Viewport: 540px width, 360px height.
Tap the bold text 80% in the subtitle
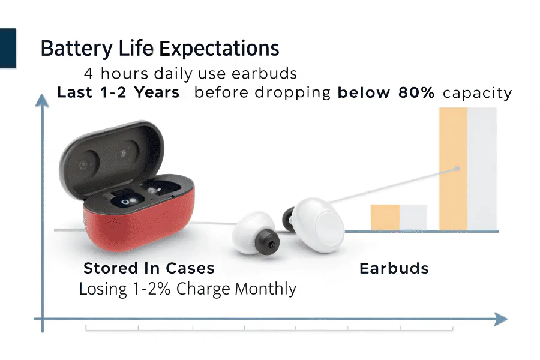[416, 92]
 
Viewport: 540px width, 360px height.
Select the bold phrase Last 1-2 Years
[118, 92]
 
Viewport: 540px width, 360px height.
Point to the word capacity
[478, 94]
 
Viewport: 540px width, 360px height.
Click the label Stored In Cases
[149, 268]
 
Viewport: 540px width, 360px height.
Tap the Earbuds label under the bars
[394, 268]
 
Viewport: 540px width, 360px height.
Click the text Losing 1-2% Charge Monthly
[188, 289]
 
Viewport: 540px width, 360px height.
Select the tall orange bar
[453, 169]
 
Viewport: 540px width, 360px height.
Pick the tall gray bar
[482, 169]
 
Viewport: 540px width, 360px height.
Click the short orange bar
[385, 217]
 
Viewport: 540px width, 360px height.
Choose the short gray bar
[413, 217]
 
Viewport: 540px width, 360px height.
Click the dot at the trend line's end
[457, 169]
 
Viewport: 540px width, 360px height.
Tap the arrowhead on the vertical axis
[42, 100]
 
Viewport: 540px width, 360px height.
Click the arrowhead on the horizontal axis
[501, 319]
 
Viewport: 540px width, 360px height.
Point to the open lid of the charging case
[111, 157]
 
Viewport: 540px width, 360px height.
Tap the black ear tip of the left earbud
[267, 242]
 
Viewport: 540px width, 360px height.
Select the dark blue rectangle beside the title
[8, 48]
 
